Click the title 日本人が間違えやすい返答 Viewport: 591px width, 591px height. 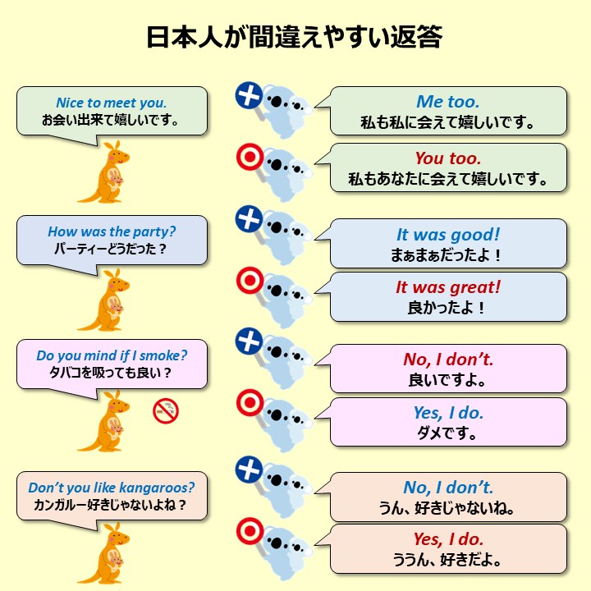point(295,37)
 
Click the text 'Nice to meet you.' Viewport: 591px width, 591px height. point(111,103)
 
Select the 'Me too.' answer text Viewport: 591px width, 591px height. point(448,102)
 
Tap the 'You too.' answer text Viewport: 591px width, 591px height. point(448,158)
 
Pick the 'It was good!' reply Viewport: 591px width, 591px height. point(448,235)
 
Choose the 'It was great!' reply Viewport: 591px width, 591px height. point(448,287)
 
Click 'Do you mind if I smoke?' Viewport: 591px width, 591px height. point(112,355)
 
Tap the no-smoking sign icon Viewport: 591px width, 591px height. point(166,410)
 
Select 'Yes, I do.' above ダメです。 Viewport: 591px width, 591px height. point(448,413)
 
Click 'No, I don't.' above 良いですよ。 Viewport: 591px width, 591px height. point(448,360)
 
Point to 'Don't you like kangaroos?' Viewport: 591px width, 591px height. point(112,488)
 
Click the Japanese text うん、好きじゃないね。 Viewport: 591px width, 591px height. point(448,508)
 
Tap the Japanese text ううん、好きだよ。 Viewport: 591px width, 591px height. point(448,561)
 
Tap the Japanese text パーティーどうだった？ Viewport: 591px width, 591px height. point(112,248)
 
